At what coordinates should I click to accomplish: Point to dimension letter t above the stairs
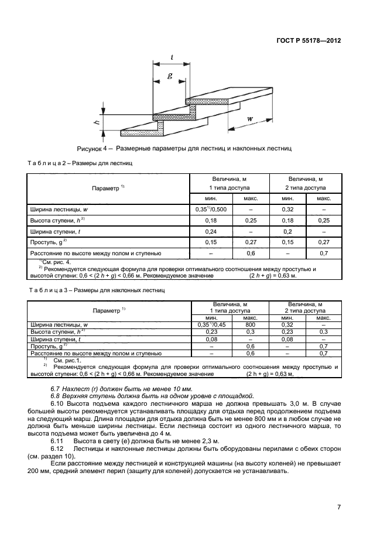point(172,57)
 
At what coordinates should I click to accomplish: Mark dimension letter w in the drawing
point(250,119)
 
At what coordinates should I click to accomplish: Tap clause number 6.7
point(56,389)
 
